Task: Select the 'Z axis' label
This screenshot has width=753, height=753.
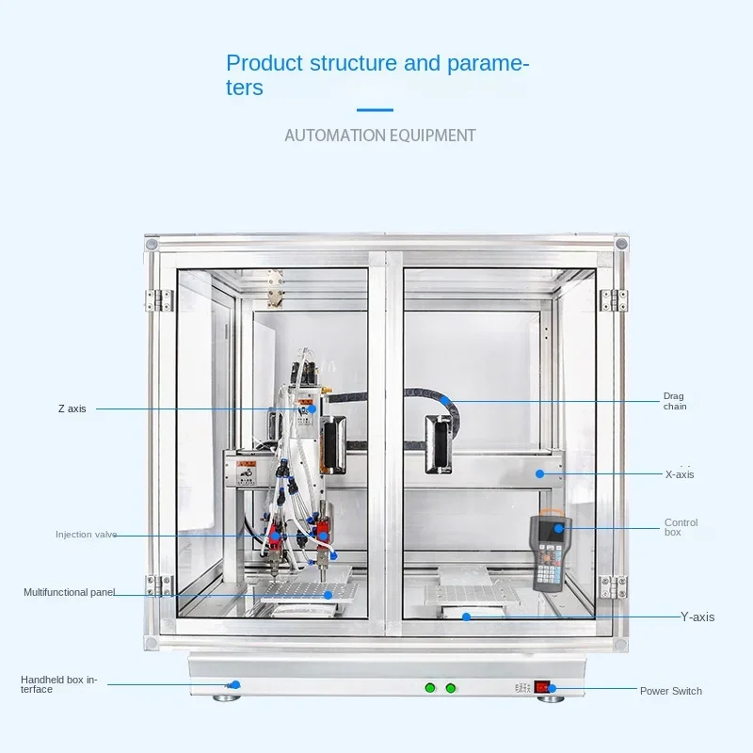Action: [72, 409]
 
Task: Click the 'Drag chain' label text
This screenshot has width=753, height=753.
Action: [674, 402]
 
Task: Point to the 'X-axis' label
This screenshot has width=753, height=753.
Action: [679, 474]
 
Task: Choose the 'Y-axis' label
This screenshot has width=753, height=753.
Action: [697, 617]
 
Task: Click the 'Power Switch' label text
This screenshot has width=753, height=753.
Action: [670, 691]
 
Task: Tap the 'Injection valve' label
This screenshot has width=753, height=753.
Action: [87, 535]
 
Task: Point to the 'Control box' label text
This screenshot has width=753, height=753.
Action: [681, 527]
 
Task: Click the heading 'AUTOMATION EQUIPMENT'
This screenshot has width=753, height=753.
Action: [380, 136]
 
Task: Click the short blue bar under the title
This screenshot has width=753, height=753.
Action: [376, 110]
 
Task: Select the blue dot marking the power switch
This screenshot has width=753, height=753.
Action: [553, 689]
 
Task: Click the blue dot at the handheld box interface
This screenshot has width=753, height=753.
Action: [235, 684]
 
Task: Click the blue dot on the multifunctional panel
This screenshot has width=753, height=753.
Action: [328, 594]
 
